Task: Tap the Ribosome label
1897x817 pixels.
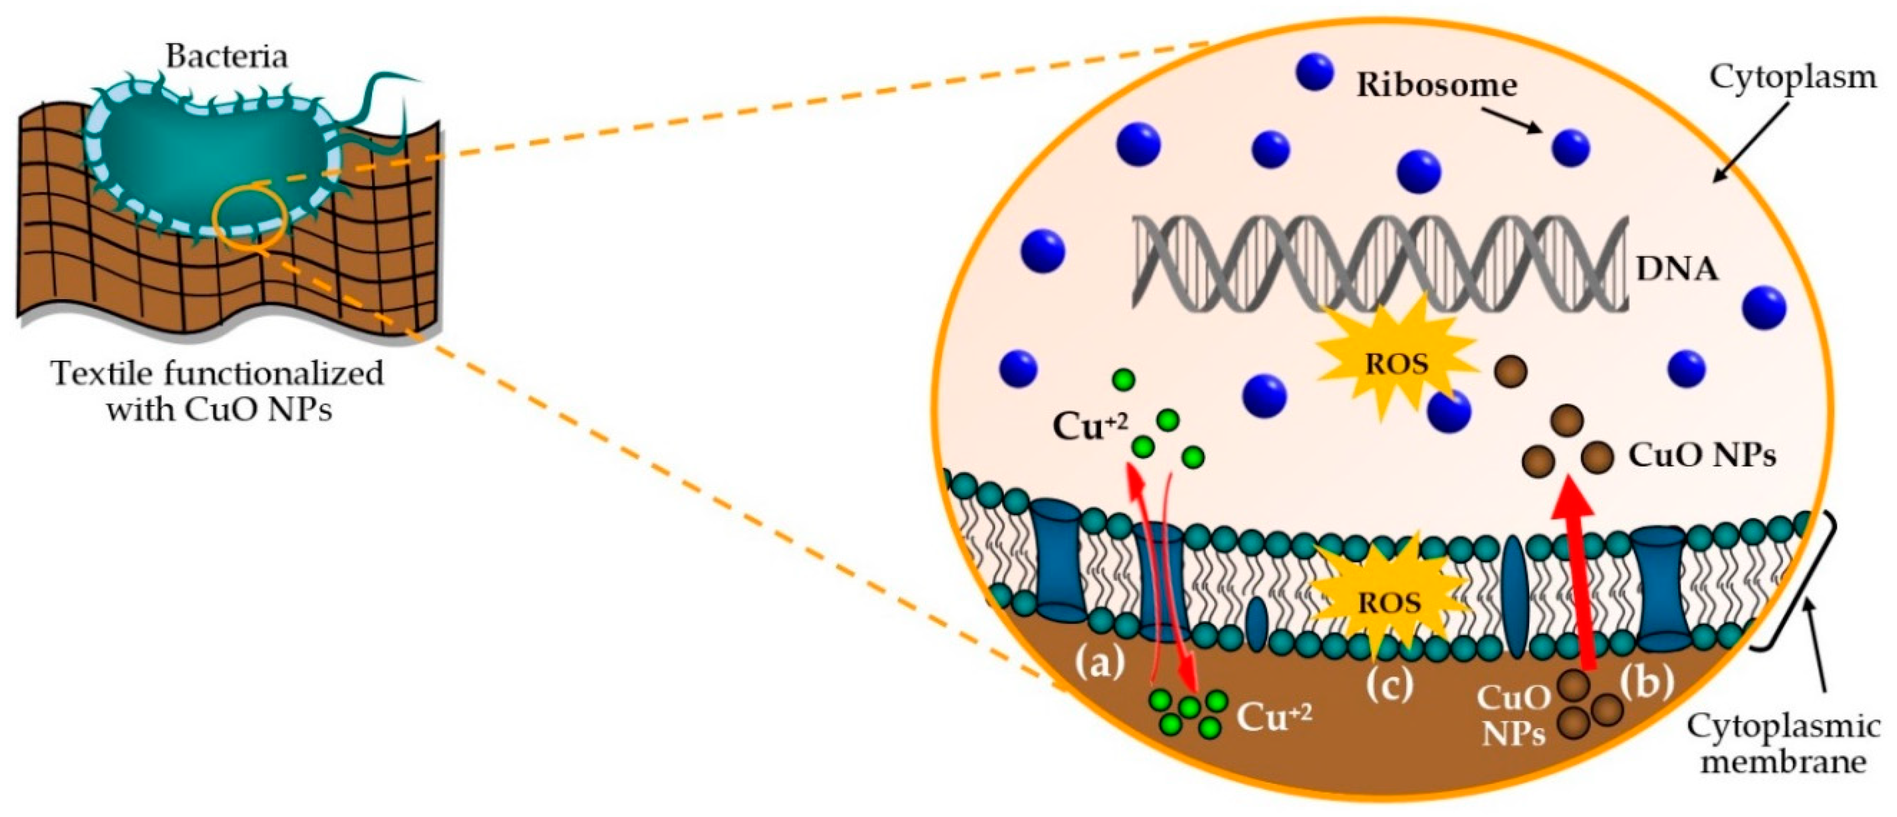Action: [x=1437, y=85]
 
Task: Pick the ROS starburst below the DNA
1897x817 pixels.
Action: [x=1396, y=364]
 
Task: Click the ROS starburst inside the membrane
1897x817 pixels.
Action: [x=1389, y=602]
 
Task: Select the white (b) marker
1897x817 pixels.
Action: [x=1647, y=682]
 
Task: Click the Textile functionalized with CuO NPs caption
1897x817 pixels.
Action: [x=218, y=391]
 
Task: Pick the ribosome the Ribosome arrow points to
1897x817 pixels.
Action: [x=1570, y=148]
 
